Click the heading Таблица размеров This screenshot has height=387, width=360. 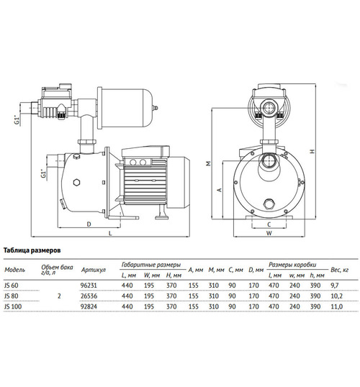click(x=32, y=250)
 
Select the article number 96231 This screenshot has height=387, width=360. click(x=89, y=286)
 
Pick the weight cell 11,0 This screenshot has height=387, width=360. click(x=336, y=306)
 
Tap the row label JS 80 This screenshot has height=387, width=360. click(x=12, y=296)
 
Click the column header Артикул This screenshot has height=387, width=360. click(x=94, y=270)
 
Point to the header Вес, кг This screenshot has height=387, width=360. click(x=340, y=270)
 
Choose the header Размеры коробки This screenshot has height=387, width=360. click(x=292, y=265)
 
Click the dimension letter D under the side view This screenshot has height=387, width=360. click(x=89, y=224)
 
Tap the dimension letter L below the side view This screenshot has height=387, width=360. click(x=110, y=233)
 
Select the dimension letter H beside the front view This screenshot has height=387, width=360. click(x=312, y=152)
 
